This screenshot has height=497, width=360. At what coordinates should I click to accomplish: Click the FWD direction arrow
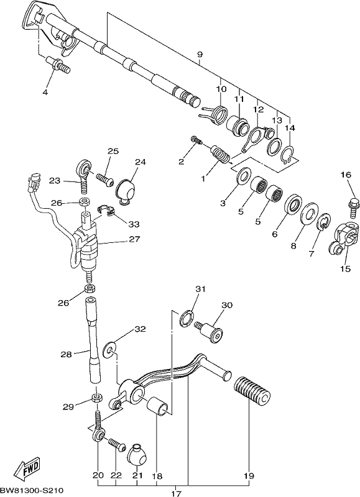click(x=28, y=467)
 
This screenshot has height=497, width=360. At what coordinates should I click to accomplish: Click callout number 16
click(x=346, y=175)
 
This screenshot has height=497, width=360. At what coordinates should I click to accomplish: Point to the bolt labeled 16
click(x=354, y=207)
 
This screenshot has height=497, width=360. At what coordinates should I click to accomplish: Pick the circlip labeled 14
click(x=289, y=155)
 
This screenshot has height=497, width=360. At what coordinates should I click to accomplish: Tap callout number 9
click(x=200, y=55)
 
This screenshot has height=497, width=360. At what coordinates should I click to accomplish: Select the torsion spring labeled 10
click(x=215, y=116)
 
